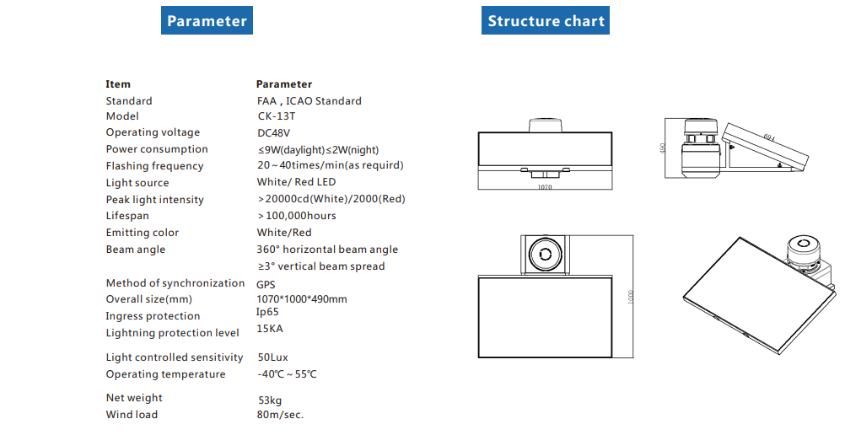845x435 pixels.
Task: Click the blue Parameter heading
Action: tap(207, 21)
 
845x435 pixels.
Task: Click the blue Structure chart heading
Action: tap(546, 21)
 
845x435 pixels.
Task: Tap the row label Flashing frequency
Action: tap(154, 166)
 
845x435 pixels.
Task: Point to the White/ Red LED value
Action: tap(296, 182)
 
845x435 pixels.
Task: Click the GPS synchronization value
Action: tap(266, 285)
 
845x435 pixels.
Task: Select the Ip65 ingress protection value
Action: tap(267, 312)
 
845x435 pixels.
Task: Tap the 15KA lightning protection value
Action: tap(269, 329)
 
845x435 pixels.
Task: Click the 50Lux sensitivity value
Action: tap(272, 357)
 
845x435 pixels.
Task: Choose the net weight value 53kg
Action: tap(270, 400)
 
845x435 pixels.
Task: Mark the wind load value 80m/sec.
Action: tap(280, 415)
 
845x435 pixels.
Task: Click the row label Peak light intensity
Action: tap(154, 200)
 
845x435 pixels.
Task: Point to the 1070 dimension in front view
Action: tap(545, 188)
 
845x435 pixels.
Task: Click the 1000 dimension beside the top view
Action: tap(629, 298)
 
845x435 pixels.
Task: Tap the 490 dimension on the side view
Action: tap(664, 148)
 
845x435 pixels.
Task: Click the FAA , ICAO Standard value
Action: tap(309, 100)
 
